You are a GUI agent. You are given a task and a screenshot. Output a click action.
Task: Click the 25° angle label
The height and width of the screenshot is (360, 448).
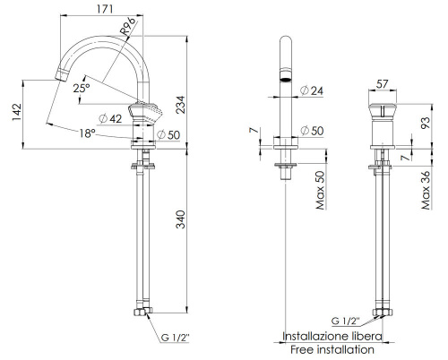click(x=82, y=89)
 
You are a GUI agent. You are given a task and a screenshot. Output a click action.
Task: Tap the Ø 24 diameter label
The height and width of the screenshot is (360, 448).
click(x=311, y=90)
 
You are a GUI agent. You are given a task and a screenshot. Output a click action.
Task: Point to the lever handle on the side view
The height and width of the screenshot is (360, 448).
click(x=147, y=112)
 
